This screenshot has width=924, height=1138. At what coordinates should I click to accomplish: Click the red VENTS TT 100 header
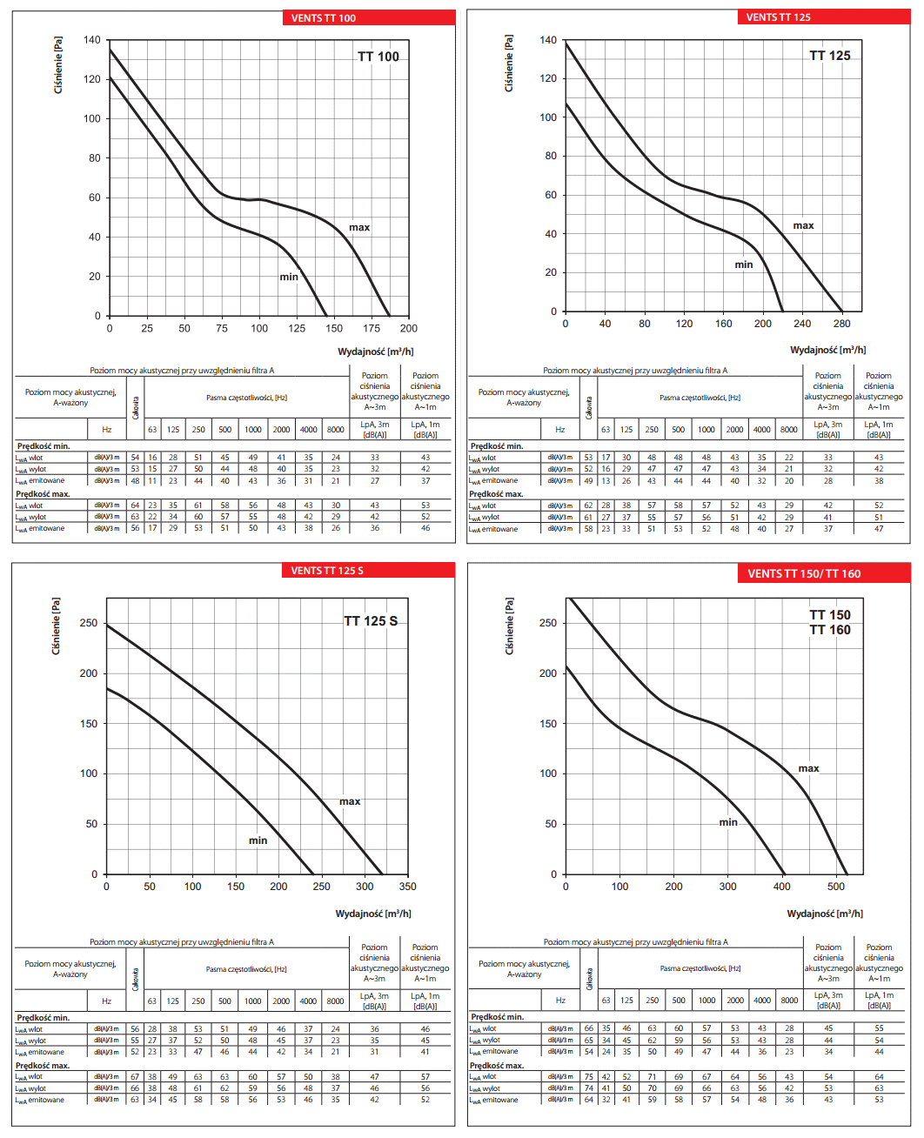[x=368, y=17]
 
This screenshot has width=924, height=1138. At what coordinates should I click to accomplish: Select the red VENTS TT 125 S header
[x=368, y=571]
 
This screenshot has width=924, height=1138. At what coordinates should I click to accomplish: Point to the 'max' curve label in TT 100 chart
[x=359, y=228]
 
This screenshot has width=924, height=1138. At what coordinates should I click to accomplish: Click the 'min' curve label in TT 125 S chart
[x=258, y=840]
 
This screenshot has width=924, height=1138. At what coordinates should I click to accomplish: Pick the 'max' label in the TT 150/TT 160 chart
[x=808, y=768]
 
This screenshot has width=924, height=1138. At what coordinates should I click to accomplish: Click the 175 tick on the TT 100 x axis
[x=372, y=329]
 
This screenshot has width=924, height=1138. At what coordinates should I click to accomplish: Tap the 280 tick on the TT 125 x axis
[x=841, y=324]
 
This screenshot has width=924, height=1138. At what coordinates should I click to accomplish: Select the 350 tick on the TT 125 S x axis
[x=407, y=887]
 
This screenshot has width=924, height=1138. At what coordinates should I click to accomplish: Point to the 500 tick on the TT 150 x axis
[x=836, y=887]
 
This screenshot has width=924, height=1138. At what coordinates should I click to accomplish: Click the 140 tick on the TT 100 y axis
[x=92, y=40]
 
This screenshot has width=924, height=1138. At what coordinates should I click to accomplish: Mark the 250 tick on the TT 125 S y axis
[x=89, y=623]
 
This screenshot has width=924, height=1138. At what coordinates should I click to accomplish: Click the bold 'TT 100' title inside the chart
[x=378, y=57]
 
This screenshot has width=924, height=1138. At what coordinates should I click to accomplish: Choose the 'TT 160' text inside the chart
[x=830, y=630]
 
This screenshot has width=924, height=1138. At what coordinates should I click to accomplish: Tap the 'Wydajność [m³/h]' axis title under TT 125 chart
[x=827, y=350]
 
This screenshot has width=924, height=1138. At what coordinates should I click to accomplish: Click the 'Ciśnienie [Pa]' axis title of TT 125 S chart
[x=57, y=626]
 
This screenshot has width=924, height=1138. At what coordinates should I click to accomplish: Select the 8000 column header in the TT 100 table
[x=336, y=429]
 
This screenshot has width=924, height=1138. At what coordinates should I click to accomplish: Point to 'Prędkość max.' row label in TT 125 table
[x=496, y=494]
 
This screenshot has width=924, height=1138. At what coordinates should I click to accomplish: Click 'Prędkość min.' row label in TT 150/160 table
[x=497, y=1017]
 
